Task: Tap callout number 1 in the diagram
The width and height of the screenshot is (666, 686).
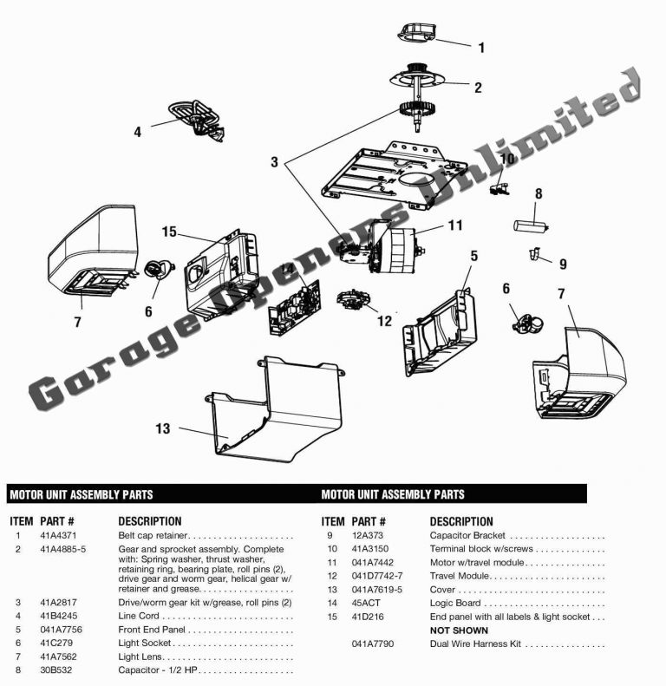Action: pyautogui.click(x=482, y=47)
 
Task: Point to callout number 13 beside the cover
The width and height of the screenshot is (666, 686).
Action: pyautogui.click(x=162, y=429)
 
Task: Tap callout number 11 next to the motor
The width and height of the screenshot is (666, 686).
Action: pyautogui.click(x=456, y=225)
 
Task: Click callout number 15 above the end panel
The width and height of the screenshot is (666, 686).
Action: pyautogui.click(x=169, y=232)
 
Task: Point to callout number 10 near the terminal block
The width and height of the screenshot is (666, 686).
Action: pyautogui.click(x=507, y=159)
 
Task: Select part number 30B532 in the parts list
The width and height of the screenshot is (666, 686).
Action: pyautogui.click(x=54, y=670)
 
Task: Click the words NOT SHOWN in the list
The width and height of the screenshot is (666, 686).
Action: pyautogui.click(x=459, y=630)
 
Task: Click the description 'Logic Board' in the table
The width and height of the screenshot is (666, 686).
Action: pyautogui.click(x=456, y=603)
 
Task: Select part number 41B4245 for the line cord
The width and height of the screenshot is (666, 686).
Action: pyautogui.click(x=55, y=616)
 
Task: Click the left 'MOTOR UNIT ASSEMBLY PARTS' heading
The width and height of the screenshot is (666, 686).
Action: pyautogui.click(x=82, y=494)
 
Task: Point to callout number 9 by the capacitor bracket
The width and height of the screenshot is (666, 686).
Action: pyautogui.click(x=562, y=264)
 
